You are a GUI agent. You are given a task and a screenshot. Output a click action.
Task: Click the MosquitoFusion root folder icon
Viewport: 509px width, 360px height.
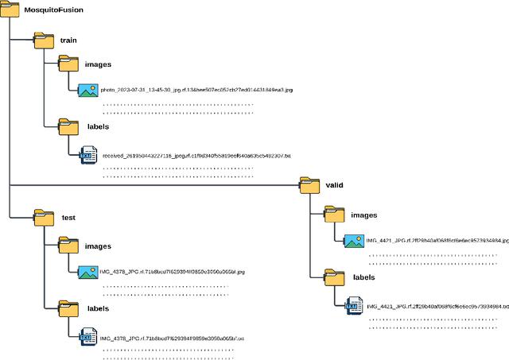pos(11,11)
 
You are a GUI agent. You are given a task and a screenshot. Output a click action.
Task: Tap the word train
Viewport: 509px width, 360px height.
pos(68,40)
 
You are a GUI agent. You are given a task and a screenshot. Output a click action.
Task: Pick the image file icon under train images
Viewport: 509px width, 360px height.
pos(87,90)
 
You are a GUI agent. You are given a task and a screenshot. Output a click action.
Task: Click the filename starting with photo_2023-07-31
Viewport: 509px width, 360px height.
pos(196,90)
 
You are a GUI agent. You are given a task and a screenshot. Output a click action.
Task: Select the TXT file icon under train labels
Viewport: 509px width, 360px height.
pos(87,154)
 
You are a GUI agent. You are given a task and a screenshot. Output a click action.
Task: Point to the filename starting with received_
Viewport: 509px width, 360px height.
pos(196,156)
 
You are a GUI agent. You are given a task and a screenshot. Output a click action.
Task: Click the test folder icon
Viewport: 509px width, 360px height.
pos(44,217)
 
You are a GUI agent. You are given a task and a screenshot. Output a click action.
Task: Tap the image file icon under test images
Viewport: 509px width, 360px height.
pos(87,271)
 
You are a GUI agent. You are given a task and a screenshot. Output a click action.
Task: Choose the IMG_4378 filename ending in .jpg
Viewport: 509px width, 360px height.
pos(172,272)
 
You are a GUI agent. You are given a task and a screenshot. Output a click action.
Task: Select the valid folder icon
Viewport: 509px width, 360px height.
pos(309,184)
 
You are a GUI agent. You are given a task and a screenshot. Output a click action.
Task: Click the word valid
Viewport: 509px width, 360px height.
pos(334,184)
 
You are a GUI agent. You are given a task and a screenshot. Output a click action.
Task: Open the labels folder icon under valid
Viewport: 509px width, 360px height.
pos(334,277)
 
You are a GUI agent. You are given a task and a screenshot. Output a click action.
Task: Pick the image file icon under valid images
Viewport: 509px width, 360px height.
pos(353,239)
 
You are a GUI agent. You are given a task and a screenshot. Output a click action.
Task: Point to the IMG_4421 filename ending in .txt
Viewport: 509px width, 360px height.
pos(437,306)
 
